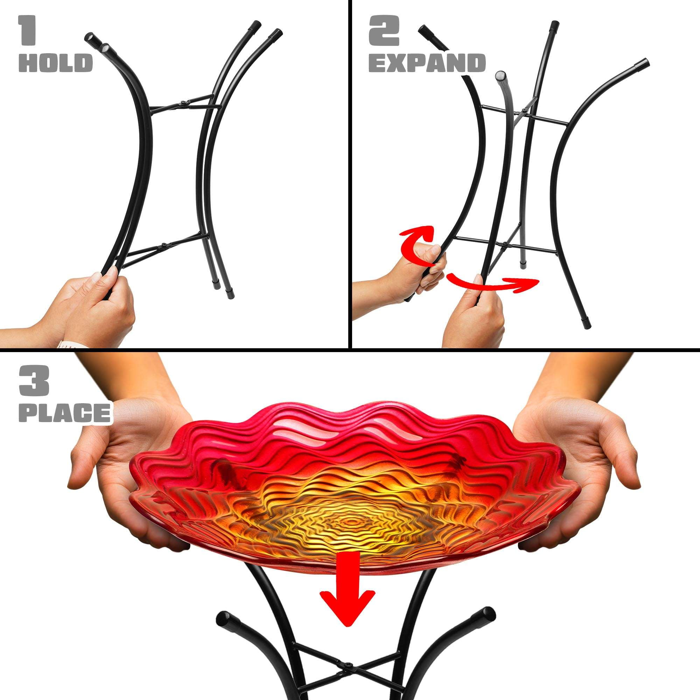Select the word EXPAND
coord(427,63)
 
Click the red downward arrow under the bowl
coord(347,576)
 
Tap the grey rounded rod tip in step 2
coord(501,77)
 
